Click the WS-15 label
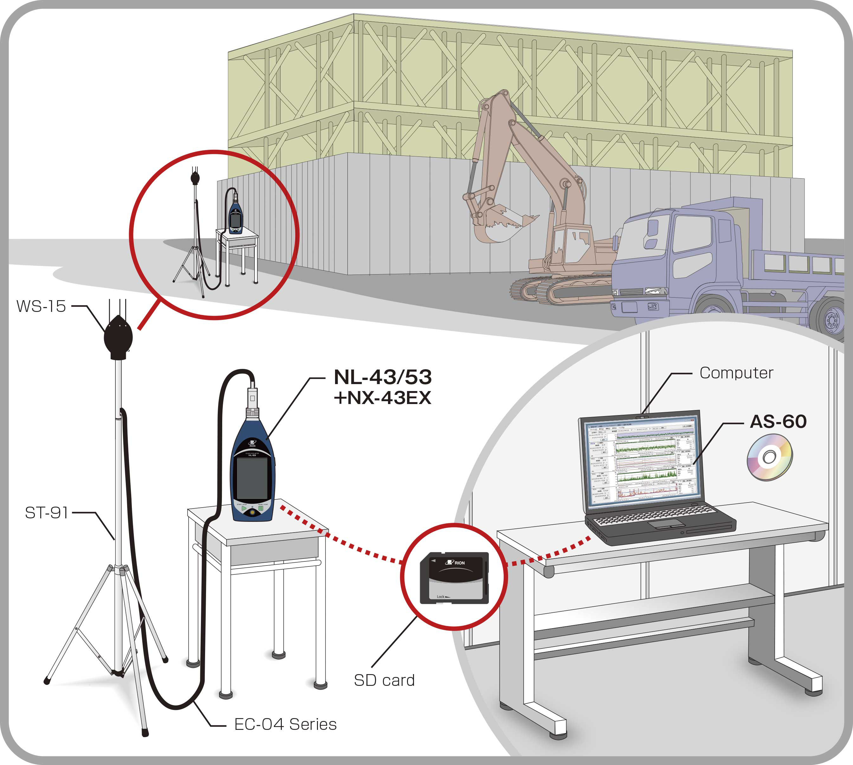click(x=41, y=307)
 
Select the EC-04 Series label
click(x=285, y=724)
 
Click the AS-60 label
click(x=778, y=421)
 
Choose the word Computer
click(x=736, y=373)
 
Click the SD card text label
click(x=384, y=680)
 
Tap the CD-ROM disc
click(x=770, y=457)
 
